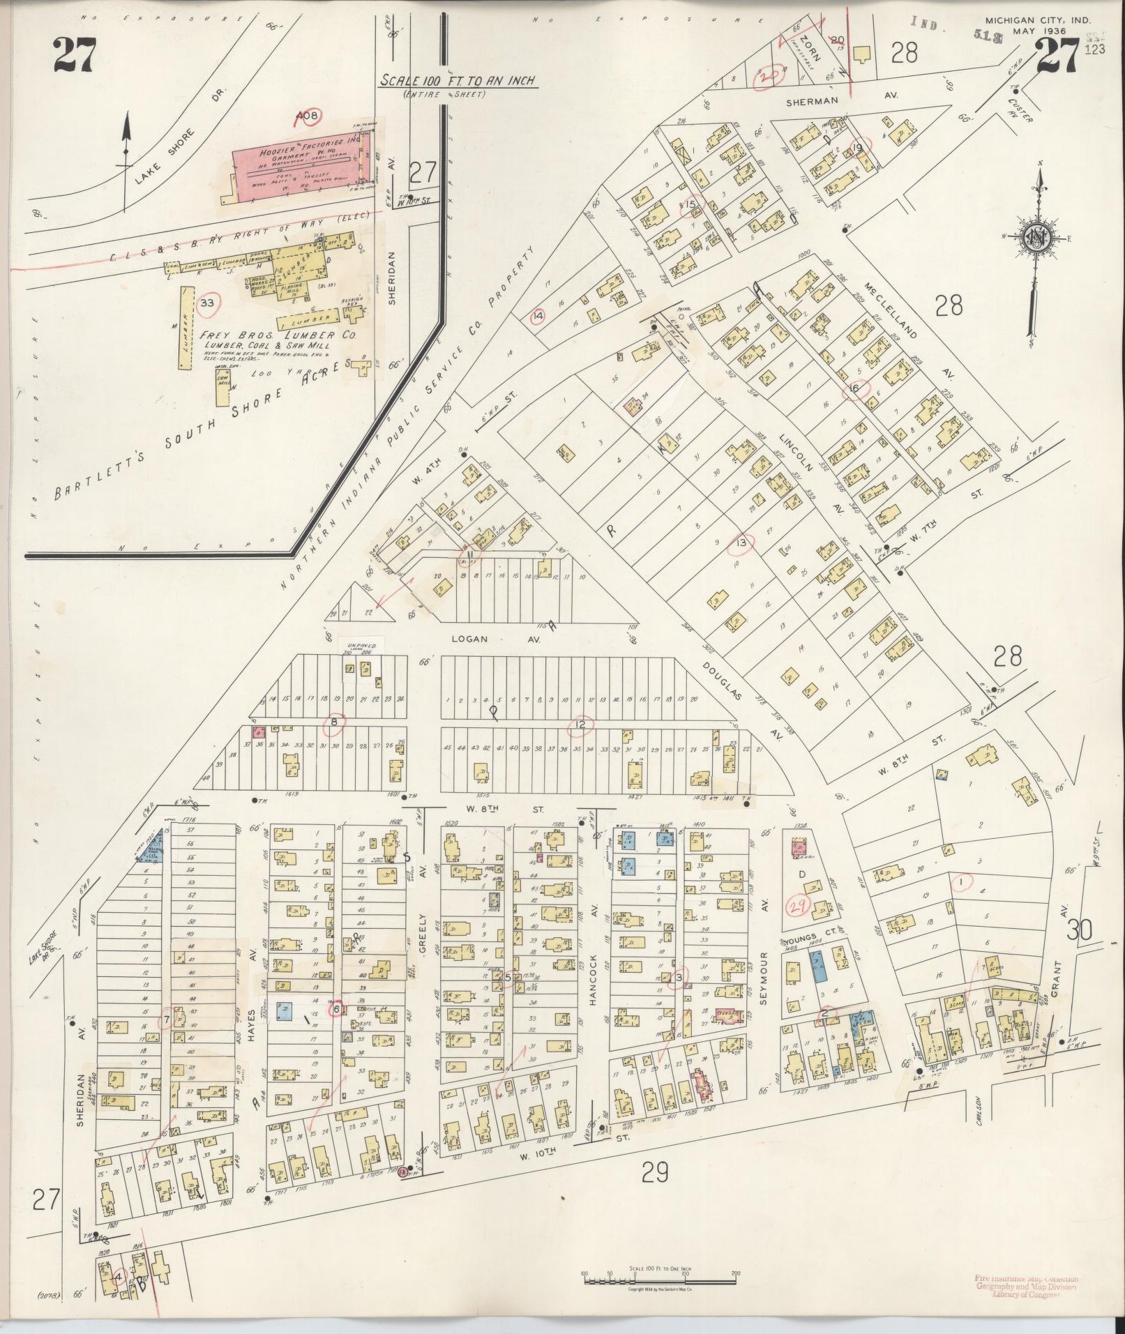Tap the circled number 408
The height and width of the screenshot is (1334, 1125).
(307, 116)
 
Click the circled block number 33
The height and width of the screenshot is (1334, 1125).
(208, 303)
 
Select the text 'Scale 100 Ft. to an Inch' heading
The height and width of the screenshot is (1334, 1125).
(458, 81)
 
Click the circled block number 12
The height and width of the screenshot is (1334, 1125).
(580, 726)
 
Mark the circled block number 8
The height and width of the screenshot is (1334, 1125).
(335, 726)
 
